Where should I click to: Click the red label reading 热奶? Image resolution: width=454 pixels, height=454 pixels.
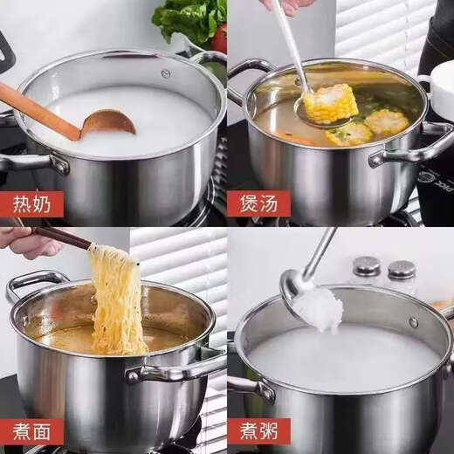point(31,203)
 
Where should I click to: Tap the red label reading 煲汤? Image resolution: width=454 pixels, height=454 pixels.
point(258,203)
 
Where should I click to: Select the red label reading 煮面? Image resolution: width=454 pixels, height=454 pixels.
point(31,431)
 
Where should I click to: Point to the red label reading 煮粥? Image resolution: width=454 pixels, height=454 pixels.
point(258,431)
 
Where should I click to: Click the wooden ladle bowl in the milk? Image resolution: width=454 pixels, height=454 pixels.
point(108,123)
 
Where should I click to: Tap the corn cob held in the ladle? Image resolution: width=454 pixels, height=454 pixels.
point(330,103)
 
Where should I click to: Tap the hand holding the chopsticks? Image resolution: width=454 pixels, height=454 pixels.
point(26,242)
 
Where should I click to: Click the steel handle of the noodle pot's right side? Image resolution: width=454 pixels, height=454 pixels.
point(175,370)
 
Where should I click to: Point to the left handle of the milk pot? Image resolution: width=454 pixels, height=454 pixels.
point(26,162)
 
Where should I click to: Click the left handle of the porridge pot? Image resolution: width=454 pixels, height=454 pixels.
point(251,386)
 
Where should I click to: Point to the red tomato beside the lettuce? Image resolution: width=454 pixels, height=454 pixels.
point(219,38)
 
